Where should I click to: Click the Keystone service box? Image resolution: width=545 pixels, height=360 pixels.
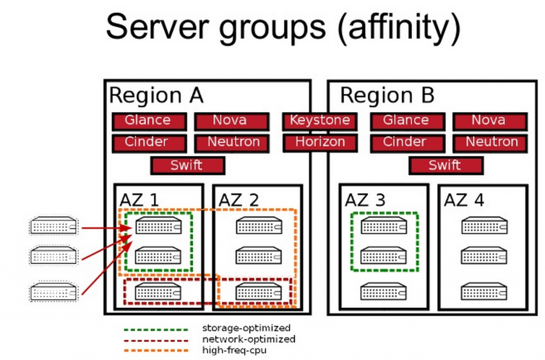(320, 121)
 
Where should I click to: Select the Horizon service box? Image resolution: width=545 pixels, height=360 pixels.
(320, 143)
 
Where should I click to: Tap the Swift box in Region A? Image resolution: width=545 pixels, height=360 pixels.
(187, 165)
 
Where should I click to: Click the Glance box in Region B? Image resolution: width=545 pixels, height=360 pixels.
(406, 121)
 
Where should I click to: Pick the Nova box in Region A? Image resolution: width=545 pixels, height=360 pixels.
(229, 121)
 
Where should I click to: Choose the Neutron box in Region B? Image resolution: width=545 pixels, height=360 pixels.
(491, 143)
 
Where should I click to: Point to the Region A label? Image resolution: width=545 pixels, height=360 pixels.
(156, 96)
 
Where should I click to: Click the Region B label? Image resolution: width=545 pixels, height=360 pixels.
(387, 96)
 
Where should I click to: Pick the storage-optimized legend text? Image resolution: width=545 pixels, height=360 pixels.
(246, 328)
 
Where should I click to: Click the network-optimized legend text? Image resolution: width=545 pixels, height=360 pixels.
(249, 339)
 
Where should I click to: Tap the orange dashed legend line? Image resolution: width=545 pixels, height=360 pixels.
(155, 350)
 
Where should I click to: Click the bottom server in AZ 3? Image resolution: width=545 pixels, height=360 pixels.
(383, 291)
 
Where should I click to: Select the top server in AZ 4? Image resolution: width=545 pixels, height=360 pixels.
(484, 225)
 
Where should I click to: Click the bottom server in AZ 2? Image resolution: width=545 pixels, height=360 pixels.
(259, 291)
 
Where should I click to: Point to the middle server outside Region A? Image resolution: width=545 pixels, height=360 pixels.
(53, 255)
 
